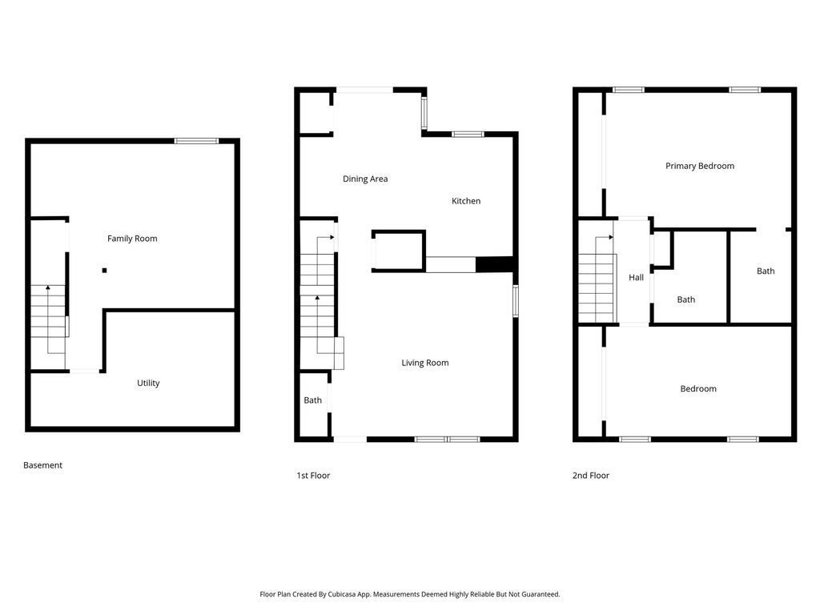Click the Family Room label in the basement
click(x=132, y=239)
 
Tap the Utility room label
click(x=148, y=384)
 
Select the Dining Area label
click(x=365, y=179)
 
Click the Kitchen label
click(x=466, y=201)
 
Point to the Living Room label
click(x=425, y=364)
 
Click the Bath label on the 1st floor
click(x=312, y=400)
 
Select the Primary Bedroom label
click(x=700, y=167)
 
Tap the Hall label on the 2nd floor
click(x=636, y=278)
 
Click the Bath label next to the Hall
click(x=686, y=300)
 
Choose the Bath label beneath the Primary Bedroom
click(x=766, y=271)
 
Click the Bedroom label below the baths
click(x=698, y=389)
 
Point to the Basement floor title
click(x=42, y=465)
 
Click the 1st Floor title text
click(x=313, y=476)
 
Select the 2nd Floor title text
click(x=590, y=476)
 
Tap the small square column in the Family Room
click(x=104, y=271)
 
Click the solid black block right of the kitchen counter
click(x=493, y=265)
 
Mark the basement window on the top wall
click(x=196, y=141)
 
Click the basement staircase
click(x=49, y=320)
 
